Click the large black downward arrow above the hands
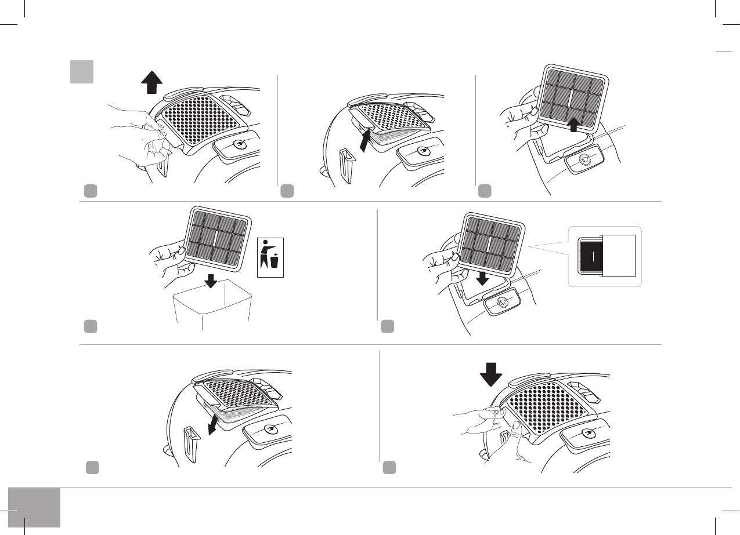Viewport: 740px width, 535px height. [x=491, y=374]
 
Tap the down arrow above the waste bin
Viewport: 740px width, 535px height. [x=211, y=281]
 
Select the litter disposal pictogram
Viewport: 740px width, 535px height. [x=270, y=257]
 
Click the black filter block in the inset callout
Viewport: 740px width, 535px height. [x=591, y=256]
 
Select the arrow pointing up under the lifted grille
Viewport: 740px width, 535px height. [x=364, y=140]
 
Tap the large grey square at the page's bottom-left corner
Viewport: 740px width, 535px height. [x=34, y=507]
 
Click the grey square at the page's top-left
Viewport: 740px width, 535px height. [x=82, y=72]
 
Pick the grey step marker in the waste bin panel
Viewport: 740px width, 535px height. [x=89, y=327]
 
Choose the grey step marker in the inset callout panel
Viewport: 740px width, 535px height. [x=388, y=327]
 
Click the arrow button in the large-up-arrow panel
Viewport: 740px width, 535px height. [x=239, y=144]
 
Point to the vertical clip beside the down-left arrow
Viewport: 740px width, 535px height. [x=192, y=441]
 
